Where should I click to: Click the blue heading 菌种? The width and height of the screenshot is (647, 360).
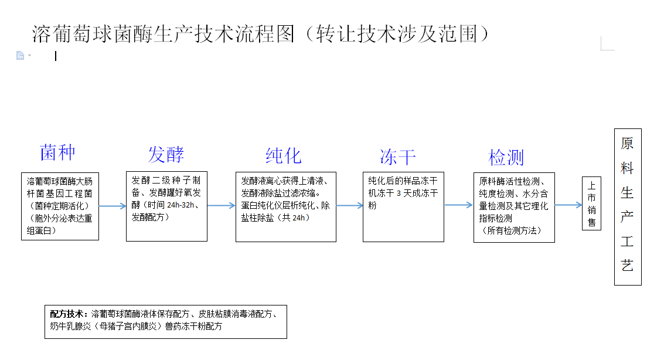click(x=57, y=152)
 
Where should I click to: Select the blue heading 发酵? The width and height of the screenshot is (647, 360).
click(x=166, y=154)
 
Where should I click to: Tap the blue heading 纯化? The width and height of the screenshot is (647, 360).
click(x=284, y=155)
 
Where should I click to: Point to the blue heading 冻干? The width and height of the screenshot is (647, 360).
click(x=398, y=157)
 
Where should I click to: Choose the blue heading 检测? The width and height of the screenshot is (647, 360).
click(x=506, y=157)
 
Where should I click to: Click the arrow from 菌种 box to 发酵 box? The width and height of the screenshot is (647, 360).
click(x=113, y=206)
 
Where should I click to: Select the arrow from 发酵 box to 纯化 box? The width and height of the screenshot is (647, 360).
click(x=221, y=205)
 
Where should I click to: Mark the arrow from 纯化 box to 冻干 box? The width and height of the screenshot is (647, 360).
click(x=349, y=205)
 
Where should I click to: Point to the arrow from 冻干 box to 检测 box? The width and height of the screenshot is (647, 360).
click(x=458, y=205)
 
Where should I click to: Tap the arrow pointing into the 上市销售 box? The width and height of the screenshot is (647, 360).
click(x=568, y=205)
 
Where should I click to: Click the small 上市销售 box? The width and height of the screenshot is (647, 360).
click(x=591, y=203)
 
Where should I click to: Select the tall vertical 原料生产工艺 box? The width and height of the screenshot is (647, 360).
click(x=628, y=207)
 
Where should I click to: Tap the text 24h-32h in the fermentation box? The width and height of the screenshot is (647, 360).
click(x=181, y=205)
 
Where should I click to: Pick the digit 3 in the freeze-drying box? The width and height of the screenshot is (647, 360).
click(x=399, y=193)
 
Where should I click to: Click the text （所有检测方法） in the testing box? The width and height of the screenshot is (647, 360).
click(x=512, y=230)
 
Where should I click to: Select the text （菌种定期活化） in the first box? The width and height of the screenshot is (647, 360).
click(x=59, y=206)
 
